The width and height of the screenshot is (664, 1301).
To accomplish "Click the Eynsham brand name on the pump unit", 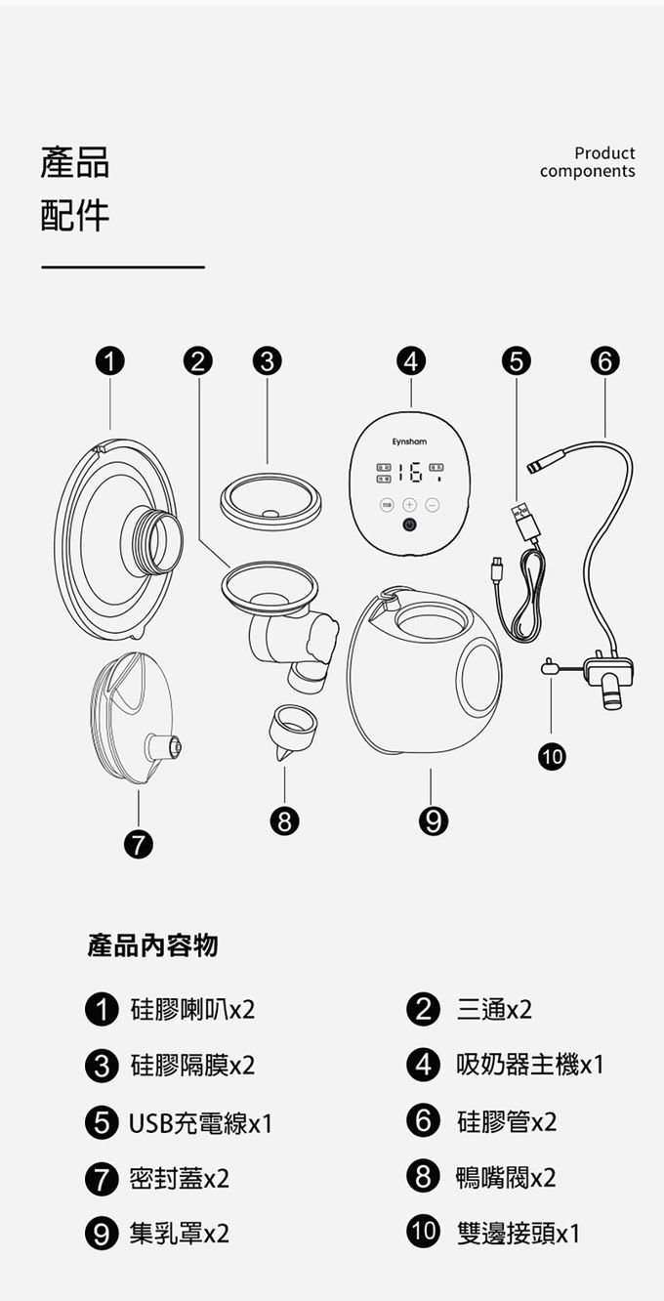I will pos(409,442).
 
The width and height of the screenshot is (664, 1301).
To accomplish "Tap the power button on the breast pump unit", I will pos(409,525).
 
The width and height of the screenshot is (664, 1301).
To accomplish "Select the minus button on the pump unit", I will pos(431,505).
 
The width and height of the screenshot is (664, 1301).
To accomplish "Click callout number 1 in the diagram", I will pos(110,361).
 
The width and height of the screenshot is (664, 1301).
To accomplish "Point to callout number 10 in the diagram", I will pos(550,754).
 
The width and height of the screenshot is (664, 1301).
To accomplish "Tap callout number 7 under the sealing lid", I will pos(138,844).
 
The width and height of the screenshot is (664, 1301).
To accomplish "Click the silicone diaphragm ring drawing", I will pos(270,500).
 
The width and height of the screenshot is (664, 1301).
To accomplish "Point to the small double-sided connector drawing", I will pos(550,669).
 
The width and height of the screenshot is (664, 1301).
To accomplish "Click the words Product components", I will pos(587,162).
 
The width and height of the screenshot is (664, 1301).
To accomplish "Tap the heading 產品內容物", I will pos(153,945).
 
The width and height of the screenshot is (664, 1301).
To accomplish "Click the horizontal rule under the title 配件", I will pos(123,267).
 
